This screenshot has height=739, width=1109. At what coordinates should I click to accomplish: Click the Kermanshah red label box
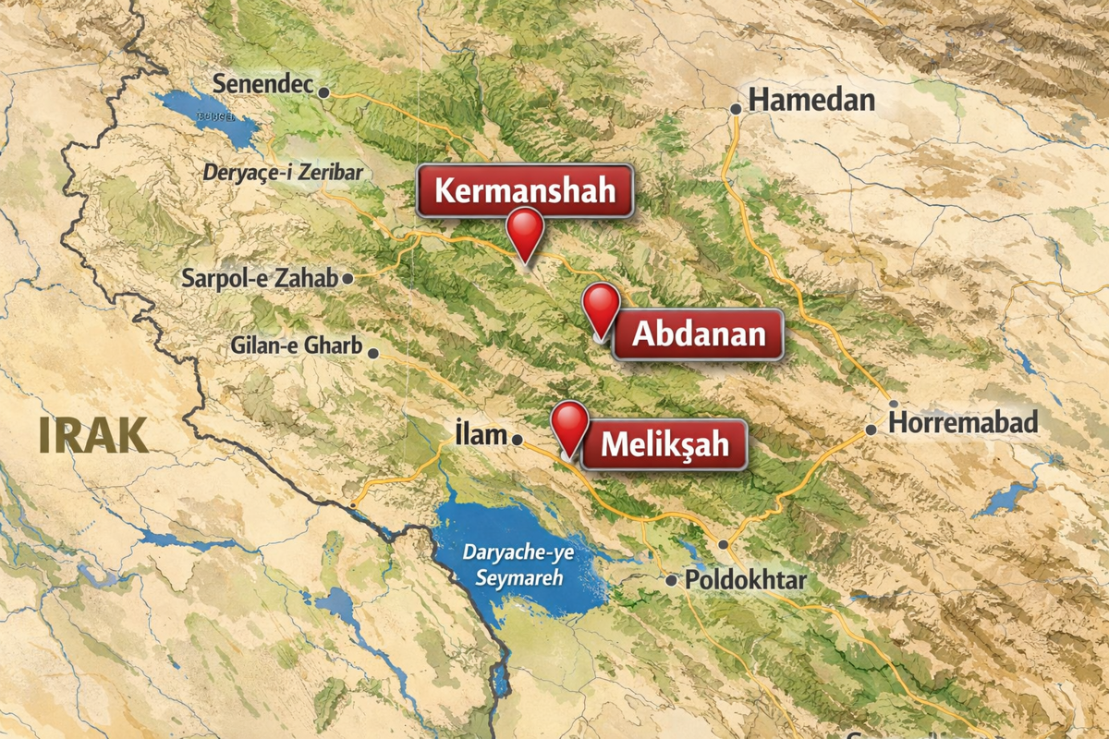(x=524, y=191)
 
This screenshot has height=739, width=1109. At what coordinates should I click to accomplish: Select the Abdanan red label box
(x=699, y=334)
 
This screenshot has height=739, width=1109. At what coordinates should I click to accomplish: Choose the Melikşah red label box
(x=664, y=445)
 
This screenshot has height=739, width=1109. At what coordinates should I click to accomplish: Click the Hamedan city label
(x=811, y=100)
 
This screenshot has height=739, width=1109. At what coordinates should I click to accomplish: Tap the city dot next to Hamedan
(x=736, y=109)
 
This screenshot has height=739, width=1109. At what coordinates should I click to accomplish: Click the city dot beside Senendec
(x=323, y=92)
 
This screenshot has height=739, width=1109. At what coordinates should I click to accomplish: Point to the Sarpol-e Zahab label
(x=260, y=277)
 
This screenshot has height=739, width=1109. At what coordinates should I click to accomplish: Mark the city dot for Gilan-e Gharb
(x=373, y=353)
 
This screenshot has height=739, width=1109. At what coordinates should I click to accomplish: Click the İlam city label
(x=481, y=433)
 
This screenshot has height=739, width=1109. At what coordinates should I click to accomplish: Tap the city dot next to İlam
(x=518, y=440)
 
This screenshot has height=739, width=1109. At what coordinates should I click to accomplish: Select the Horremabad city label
(x=963, y=423)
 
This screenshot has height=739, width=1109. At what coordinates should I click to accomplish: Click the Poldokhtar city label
(x=746, y=580)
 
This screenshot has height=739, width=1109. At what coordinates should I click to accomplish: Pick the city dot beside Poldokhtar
(x=672, y=580)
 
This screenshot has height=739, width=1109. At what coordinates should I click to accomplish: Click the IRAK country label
(x=93, y=435)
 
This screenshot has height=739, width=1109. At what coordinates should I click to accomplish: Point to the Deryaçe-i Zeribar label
(x=283, y=173)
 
